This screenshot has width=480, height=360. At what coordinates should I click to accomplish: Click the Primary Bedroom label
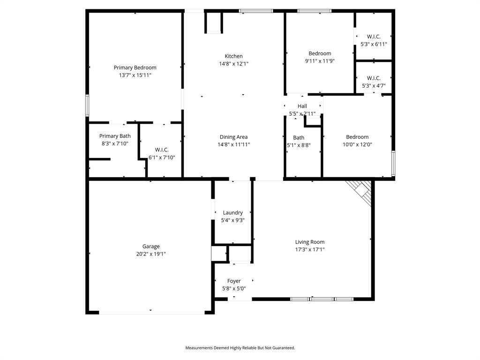point(135,67)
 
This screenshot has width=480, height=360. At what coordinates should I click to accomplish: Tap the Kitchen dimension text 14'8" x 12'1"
point(233,64)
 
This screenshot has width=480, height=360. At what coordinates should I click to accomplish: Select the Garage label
point(151,246)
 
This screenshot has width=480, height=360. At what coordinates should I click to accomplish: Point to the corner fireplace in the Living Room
point(360,191)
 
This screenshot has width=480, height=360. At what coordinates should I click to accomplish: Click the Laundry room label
point(232,212)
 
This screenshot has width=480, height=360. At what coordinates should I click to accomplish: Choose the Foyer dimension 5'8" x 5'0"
point(233,289)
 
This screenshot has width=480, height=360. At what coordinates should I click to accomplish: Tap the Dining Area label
point(233,137)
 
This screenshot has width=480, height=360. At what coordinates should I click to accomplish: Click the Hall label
point(302,106)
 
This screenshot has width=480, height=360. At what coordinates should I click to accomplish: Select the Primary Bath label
point(115,136)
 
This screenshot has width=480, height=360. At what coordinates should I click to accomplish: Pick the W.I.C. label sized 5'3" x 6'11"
point(374,37)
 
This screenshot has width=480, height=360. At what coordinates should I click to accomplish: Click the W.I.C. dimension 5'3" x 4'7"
point(374,86)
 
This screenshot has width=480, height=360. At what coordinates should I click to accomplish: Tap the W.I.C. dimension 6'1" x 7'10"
point(162,157)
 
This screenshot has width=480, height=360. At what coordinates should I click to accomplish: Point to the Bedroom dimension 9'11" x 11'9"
point(320,61)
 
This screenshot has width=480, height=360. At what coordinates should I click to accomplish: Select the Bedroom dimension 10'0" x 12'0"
point(357,145)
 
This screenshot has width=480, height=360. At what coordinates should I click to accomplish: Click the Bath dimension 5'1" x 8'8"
point(299,145)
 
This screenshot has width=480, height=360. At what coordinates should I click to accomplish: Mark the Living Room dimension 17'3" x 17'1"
point(309,250)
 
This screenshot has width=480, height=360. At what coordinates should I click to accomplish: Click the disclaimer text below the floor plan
point(240,348)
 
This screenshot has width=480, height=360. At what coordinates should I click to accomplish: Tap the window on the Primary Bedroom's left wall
point(87,105)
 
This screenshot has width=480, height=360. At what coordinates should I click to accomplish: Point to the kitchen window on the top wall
point(255,10)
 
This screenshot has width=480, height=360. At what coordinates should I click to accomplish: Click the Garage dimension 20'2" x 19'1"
point(151,254)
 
